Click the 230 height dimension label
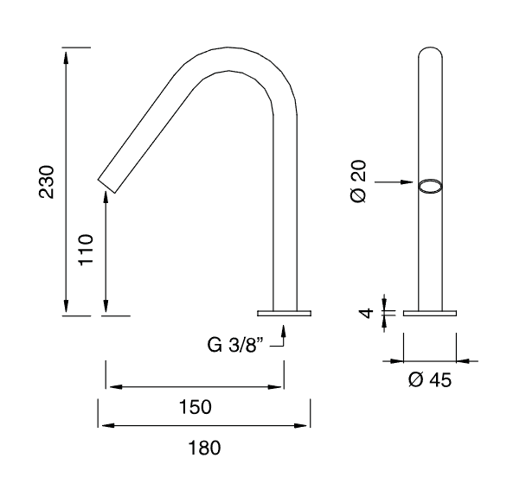pyautogui.click(x=47, y=182)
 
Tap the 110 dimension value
pyautogui.click(x=86, y=250)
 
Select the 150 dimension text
pyautogui.click(x=196, y=407)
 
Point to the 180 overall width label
pyautogui.click(x=205, y=448)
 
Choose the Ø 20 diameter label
pyautogui.click(x=359, y=181)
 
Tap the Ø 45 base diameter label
pyautogui.click(x=430, y=379)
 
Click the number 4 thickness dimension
pyautogui.click(x=366, y=313)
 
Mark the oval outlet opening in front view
pyautogui.click(x=430, y=187)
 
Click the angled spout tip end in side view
pyautogui.click(x=106, y=186)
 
